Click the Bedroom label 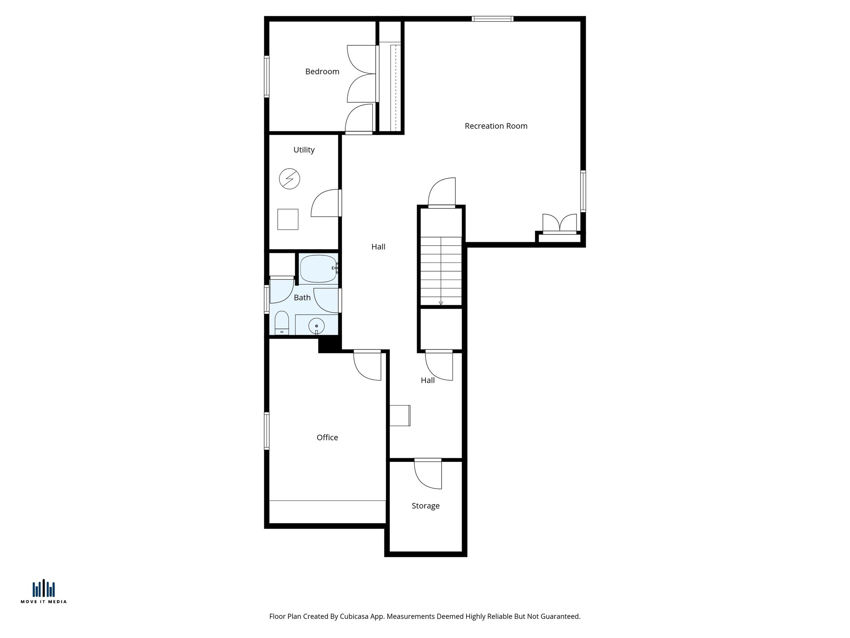[x=322, y=71]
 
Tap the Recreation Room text [x=496, y=126]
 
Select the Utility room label [x=304, y=150]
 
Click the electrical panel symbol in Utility [x=289, y=179]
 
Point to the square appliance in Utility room [x=288, y=219]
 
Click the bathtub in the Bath [x=318, y=269]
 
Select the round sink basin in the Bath [x=317, y=326]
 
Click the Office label [x=327, y=437]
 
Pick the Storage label [x=425, y=506]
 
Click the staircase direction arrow [x=441, y=303]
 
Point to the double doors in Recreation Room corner [x=559, y=223]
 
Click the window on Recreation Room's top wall [x=492, y=19]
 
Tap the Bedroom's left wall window [x=267, y=76]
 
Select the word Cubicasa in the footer [x=354, y=616]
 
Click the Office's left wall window [x=267, y=431]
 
